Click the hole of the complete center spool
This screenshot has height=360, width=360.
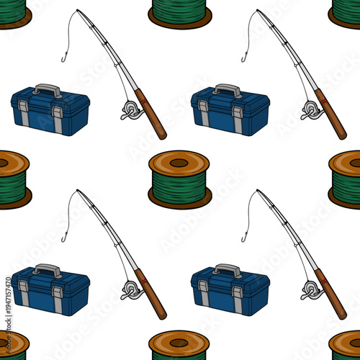point(179,162)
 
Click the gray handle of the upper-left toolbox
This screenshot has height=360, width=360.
point(48,89)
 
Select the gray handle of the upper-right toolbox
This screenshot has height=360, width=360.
point(228,89)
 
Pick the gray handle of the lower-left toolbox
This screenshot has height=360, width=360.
point(48,269)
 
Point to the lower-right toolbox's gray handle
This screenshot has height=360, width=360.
point(228,269)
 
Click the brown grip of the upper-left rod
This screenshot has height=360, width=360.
point(152,115)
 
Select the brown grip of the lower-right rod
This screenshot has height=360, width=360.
point(332,295)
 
